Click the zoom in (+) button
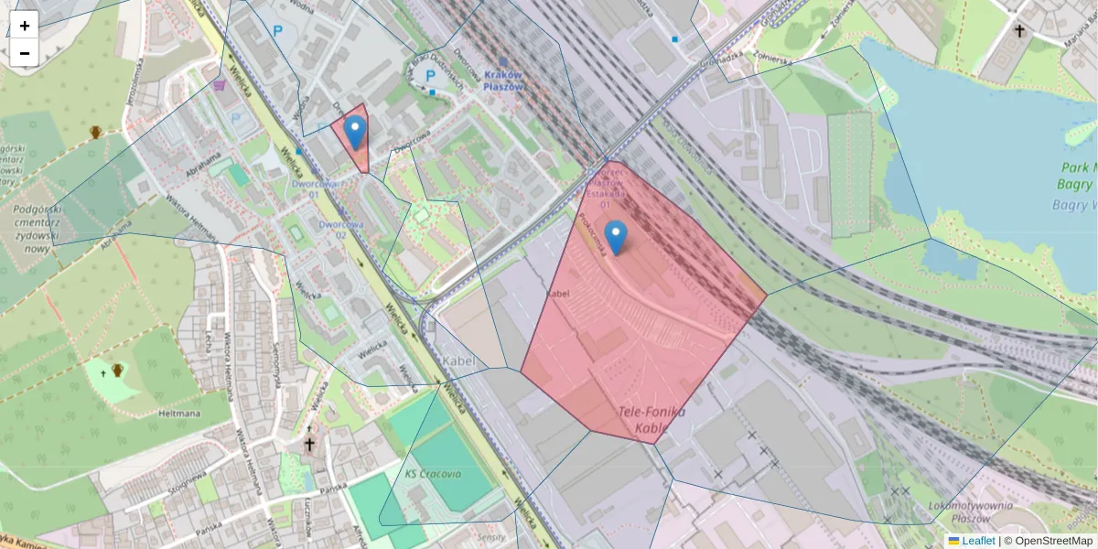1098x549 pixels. pos(25,26)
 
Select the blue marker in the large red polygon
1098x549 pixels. pos(617,237)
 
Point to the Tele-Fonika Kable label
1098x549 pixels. pos(651,419)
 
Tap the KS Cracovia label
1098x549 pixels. pos(433,474)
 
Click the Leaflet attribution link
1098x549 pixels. pos(977,541)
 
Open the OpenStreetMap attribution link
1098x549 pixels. pos(1048,541)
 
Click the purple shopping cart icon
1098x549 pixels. pos(220,85)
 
